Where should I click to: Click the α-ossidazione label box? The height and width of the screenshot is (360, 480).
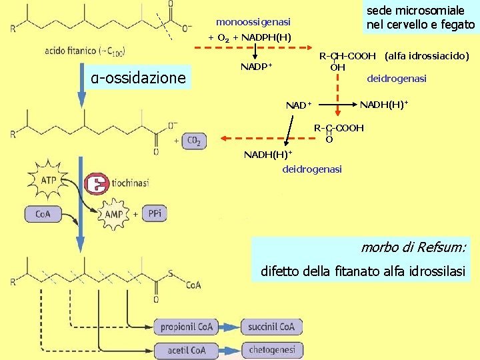139,78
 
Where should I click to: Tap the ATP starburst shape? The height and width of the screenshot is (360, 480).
49,180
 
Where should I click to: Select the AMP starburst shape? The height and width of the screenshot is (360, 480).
114,214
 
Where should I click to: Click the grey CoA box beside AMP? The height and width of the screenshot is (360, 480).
43,214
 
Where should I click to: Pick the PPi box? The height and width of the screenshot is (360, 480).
155,214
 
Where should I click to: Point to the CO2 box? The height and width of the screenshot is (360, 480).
194,141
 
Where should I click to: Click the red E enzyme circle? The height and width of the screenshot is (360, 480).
98,183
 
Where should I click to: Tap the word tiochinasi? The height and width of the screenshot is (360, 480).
131,182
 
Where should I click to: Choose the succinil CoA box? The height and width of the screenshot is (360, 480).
271,327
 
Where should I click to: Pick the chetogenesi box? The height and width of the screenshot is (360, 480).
271,350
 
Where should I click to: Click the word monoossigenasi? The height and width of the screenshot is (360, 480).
253,23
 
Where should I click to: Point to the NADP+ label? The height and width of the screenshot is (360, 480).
256,67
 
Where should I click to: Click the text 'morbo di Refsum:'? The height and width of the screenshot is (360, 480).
413,247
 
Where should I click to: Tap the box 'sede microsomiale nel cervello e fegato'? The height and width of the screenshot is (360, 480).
421,18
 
